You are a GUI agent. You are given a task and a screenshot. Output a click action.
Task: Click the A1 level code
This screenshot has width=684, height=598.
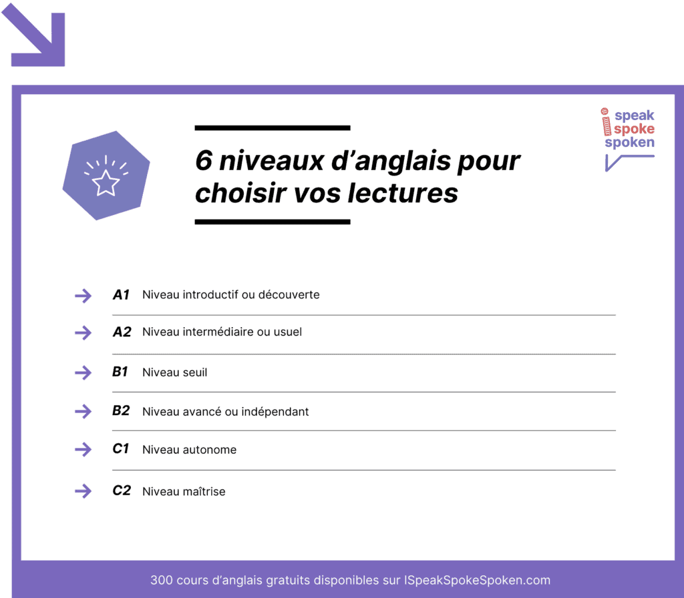(x=121, y=294)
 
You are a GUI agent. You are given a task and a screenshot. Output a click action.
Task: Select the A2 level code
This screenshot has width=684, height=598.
(x=122, y=332)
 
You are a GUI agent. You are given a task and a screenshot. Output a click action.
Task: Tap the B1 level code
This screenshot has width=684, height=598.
(x=120, y=372)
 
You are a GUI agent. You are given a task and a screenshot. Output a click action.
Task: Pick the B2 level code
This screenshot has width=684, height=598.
(x=121, y=411)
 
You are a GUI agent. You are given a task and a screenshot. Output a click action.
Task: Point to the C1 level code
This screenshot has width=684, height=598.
(x=120, y=449)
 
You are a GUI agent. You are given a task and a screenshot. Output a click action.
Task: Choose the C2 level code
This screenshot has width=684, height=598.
(x=122, y=491)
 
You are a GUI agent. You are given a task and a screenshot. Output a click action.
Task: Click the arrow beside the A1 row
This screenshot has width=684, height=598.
(x=83, y=296)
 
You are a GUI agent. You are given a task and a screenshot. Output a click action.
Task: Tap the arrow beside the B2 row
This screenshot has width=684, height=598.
(x=83, y=411)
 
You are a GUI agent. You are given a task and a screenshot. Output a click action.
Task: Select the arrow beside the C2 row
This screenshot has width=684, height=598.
(x=83, y=491)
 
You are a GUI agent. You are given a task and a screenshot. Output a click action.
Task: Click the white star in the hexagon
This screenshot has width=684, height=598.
(x=106, y=183)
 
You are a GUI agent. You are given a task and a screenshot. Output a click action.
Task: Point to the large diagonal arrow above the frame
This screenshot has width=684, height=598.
(x=36, y=38)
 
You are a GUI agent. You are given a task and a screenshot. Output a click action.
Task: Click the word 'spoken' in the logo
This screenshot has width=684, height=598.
(x=629, y=142)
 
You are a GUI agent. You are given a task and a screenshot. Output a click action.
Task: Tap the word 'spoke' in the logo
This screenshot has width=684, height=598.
(x=634, y=129)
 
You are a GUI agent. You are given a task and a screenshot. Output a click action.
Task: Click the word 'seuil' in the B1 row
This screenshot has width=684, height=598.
(x=194, y=372)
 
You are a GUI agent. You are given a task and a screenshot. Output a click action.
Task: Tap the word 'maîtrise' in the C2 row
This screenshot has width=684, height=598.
(x=203, y=491)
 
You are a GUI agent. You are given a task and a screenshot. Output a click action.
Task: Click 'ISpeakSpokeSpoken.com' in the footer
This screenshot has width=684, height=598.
(x=477, y=580)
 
